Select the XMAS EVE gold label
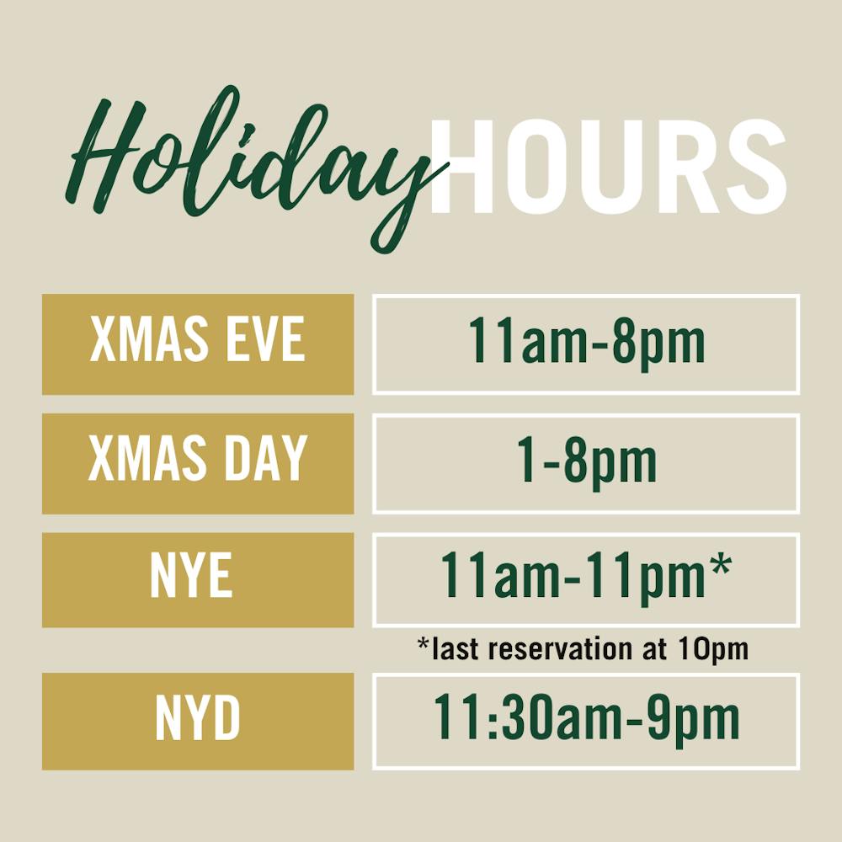[x=198, y=344]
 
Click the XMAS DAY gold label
[x=198, y=462]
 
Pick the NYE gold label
[x=198, y=579]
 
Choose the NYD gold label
[x=198, y=721]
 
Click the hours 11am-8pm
[x=586, y=344]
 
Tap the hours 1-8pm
[x=586, y=462]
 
